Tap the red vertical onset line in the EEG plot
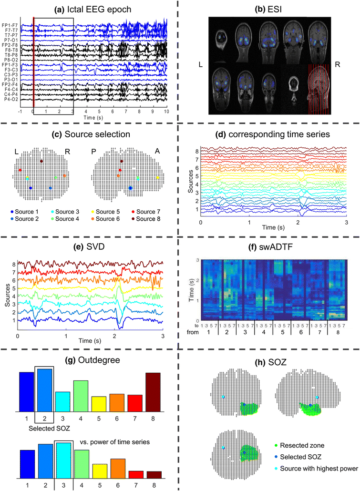pyautogui.click(x=33, y=62)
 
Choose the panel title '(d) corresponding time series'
pyautogui.click(x=269, y=135)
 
